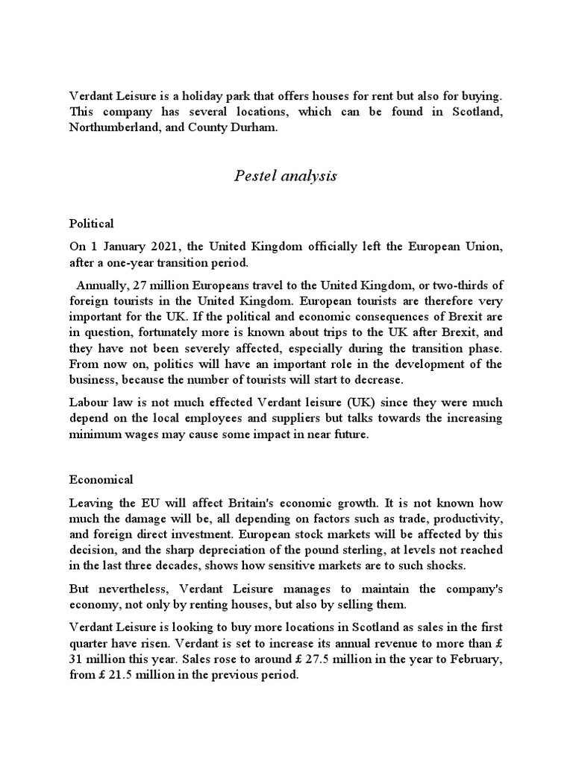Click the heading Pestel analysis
[x=286, y=176]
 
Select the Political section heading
[x=91, y=223]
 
